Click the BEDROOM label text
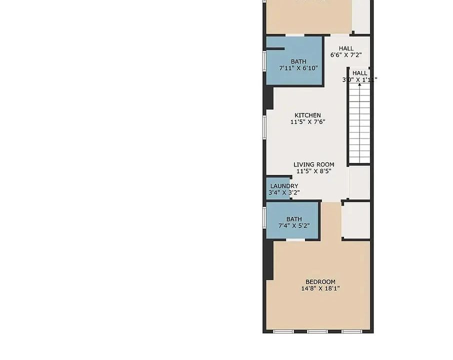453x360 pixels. [320, 282]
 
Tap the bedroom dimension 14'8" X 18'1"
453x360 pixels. [320, 288]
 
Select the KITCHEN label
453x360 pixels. [307, 115]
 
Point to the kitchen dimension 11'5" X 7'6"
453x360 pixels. [307, 122]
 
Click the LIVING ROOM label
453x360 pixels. [313, 164]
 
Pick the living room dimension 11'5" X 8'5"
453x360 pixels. [313, 171]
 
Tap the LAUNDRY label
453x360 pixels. [284, 186]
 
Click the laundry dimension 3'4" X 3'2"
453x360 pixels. [284, 192]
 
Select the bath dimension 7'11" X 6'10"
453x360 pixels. [298, 68]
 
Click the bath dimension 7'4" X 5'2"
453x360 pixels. [294, 225]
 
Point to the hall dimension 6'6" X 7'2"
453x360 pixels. [346, 55]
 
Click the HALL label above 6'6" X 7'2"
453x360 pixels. [346, 48]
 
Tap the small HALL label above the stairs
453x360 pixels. [359, 73]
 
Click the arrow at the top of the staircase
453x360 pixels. [359, 84]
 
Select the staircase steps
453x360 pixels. [359, 125]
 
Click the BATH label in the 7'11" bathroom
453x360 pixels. [298, 62]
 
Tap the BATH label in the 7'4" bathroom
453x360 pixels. [294, 219]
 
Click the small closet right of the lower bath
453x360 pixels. [356, 220]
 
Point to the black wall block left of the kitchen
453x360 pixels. [268, 97]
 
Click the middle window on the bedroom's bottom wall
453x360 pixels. [317, 331]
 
